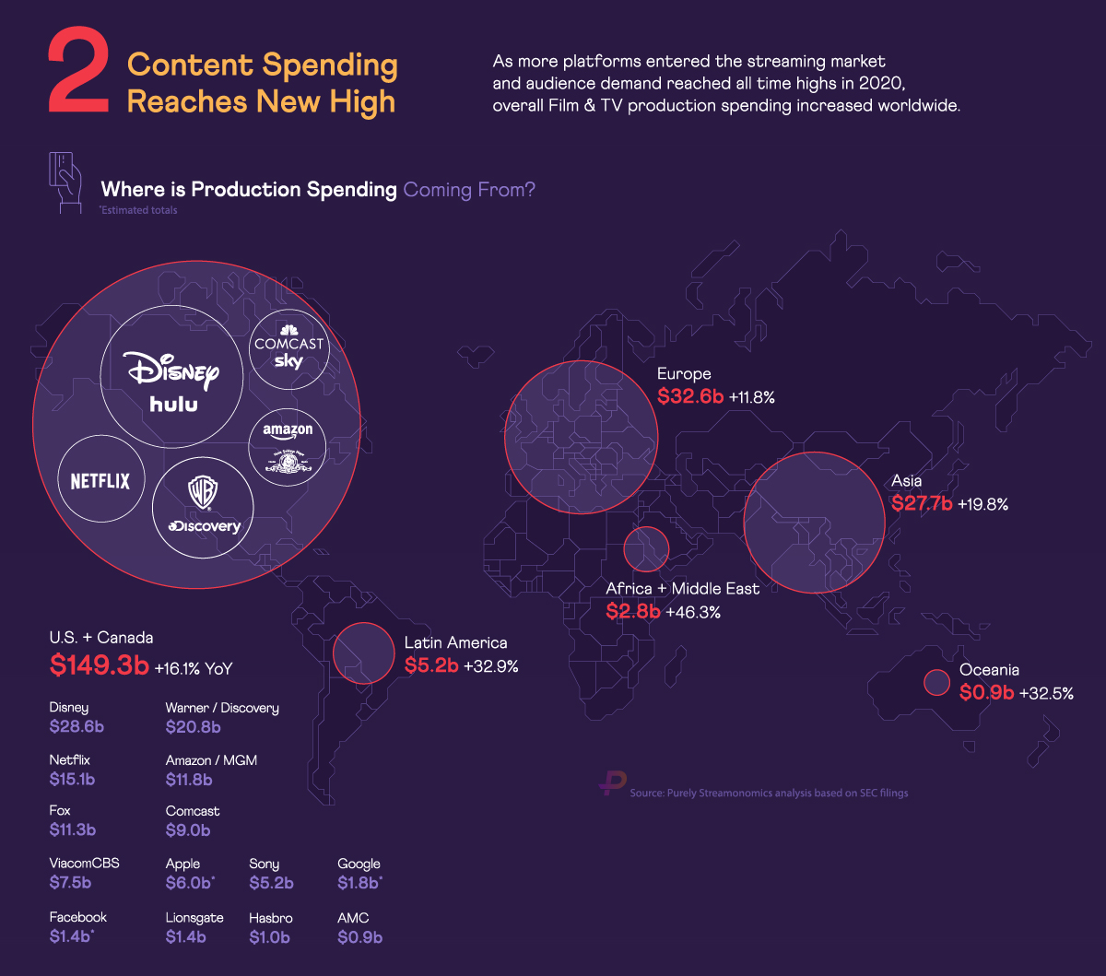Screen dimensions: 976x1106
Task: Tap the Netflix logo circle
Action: coord(100,480)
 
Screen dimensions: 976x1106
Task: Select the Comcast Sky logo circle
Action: coord(289,351)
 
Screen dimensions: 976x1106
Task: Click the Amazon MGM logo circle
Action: coord(288,446)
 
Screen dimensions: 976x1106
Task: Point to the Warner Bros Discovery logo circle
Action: coord(203,507)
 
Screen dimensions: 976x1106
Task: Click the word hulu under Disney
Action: coord(174,404)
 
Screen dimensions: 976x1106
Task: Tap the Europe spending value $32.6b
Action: coord(689,397)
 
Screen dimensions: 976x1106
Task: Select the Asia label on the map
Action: coord(906,481)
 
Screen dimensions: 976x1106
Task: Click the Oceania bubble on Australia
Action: coord(936,682)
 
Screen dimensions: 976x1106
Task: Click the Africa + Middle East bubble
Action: coord(646,548)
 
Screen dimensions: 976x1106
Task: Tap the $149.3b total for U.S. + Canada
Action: coord(99,664)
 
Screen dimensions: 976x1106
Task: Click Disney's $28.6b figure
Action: coord(76,727)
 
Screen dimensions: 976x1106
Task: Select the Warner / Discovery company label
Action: coord(222,708)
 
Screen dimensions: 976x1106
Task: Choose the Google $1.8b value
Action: coord(359,884)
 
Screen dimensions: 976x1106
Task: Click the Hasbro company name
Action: coord(271,918)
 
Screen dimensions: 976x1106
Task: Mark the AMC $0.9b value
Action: coord(359,937)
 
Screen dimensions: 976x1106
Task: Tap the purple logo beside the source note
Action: coord(611,784)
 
